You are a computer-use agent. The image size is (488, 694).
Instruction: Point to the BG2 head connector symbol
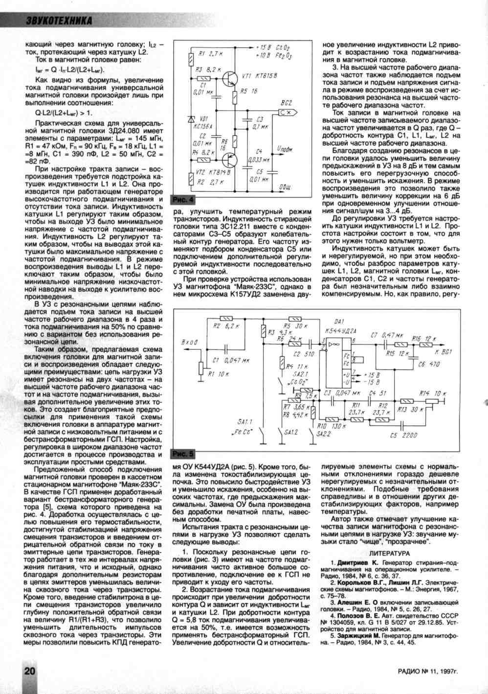[x=286, y=112]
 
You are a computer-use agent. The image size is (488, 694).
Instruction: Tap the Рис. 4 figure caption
[x=184, y=200]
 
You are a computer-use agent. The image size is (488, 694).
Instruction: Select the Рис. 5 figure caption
[x=184, y=454]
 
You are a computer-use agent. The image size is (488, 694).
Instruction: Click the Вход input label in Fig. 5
[x=189, y=342]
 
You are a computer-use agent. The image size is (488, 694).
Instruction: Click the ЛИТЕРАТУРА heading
[x=389, y=553]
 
